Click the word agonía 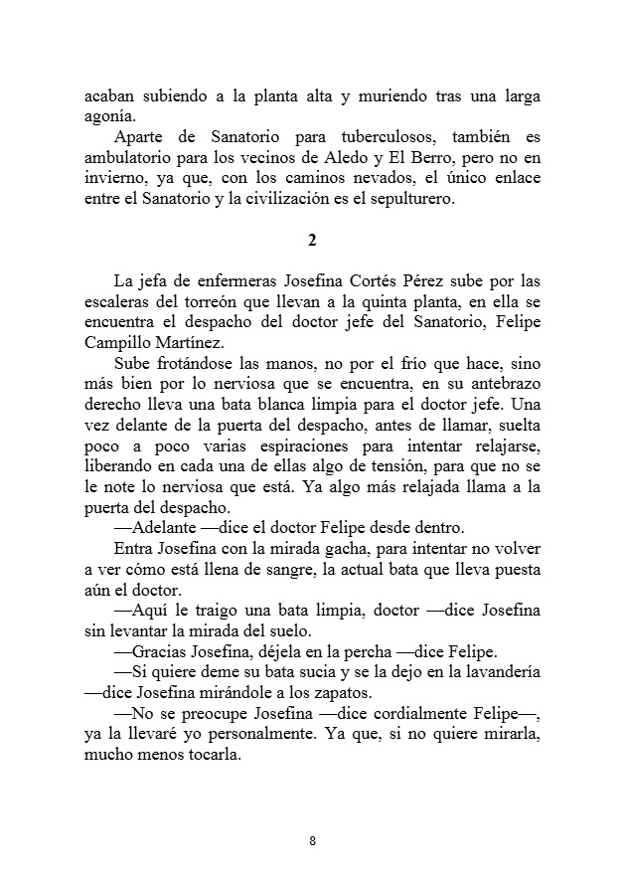tap(107, 115)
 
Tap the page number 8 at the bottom tap(312, 841)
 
